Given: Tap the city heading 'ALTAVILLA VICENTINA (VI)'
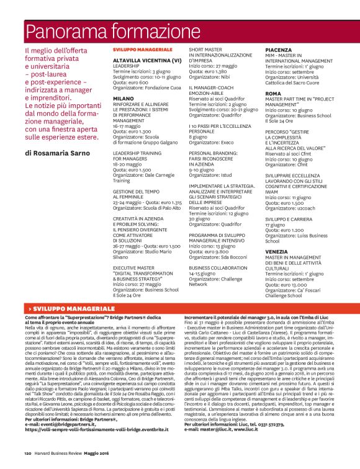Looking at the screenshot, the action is tap(146, 60).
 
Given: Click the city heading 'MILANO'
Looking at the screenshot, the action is tap(124, 98).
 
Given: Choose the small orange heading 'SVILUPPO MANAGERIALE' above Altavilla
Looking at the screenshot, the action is tap(137, 49).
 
